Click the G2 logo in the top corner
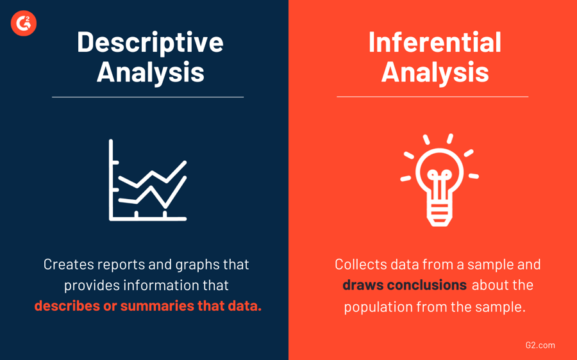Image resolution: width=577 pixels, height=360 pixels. [24, 24]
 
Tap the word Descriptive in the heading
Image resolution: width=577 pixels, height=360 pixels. [150, 42]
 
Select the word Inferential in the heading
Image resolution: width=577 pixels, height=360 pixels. [435, 42]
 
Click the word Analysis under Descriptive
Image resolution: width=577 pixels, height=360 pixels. [150, 72]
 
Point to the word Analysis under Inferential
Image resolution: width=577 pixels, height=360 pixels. [435, 72]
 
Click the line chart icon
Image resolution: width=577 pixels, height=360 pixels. [148, 181]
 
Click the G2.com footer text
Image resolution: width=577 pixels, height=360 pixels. [540, 345]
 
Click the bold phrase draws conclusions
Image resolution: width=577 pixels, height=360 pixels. [405, 285]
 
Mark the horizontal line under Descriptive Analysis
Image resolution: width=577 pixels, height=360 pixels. [147, 97]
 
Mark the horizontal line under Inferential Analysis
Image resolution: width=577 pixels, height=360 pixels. [432, 97]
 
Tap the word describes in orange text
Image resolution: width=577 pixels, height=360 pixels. [67, 306]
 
